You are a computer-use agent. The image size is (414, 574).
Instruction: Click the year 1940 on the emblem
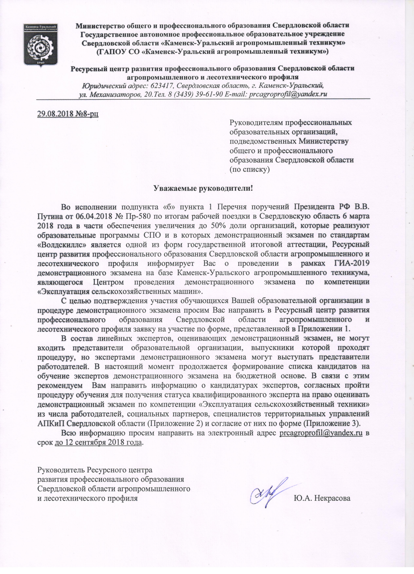click(x=40, y=62)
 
